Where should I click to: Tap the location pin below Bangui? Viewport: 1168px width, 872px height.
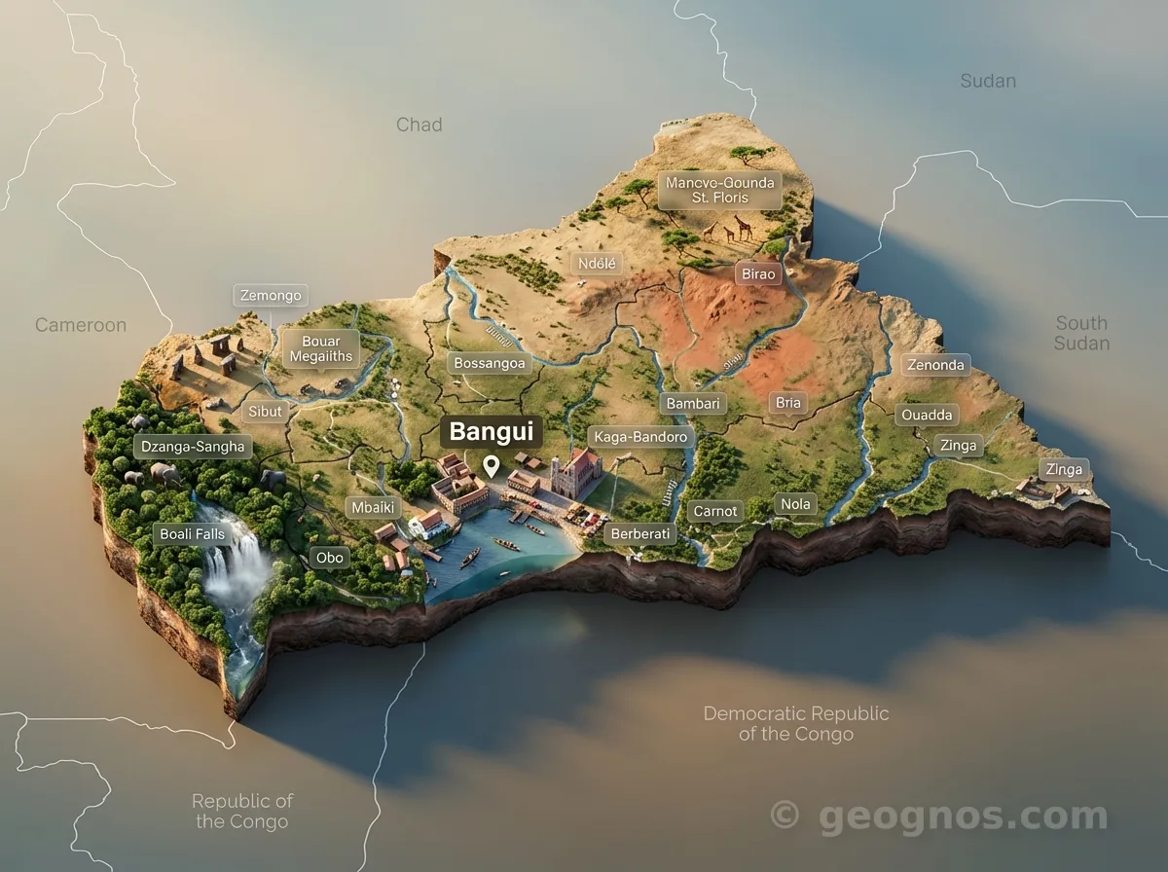[492, 466]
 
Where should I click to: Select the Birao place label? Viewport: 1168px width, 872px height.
[759, 273]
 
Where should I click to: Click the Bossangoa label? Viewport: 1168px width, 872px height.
[490, 363]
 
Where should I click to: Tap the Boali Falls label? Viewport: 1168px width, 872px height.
[192, 534]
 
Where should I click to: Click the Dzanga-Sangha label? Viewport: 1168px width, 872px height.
[192, 447]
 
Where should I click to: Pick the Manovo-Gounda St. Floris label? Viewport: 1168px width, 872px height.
[720, 190]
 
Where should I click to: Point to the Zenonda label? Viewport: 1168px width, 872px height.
[935, 366]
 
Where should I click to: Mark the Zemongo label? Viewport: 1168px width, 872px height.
[270, 295]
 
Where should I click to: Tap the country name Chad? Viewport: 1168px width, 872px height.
[419, 125]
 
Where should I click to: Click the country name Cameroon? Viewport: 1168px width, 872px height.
[81, 325]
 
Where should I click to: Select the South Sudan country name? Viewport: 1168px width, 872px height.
[1081, 333]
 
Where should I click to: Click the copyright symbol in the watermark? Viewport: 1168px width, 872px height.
[785, 814]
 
